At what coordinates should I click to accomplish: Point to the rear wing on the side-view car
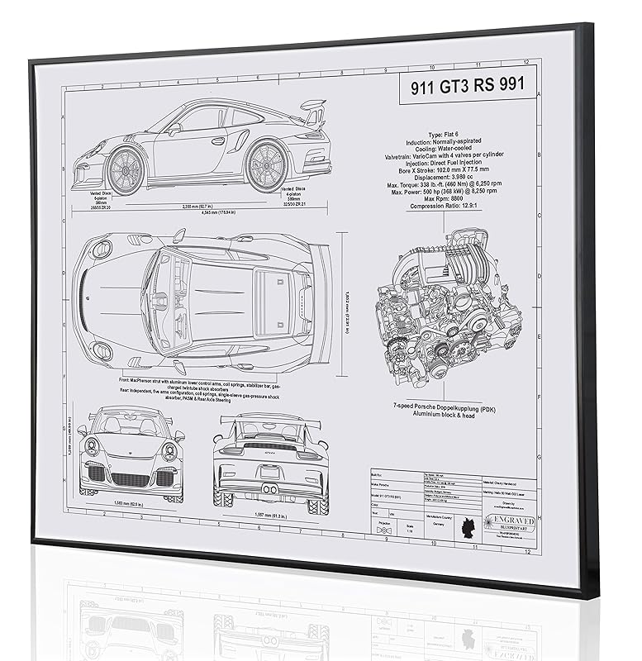[311, 107]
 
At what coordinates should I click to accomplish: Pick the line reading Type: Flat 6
[449, 134]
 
